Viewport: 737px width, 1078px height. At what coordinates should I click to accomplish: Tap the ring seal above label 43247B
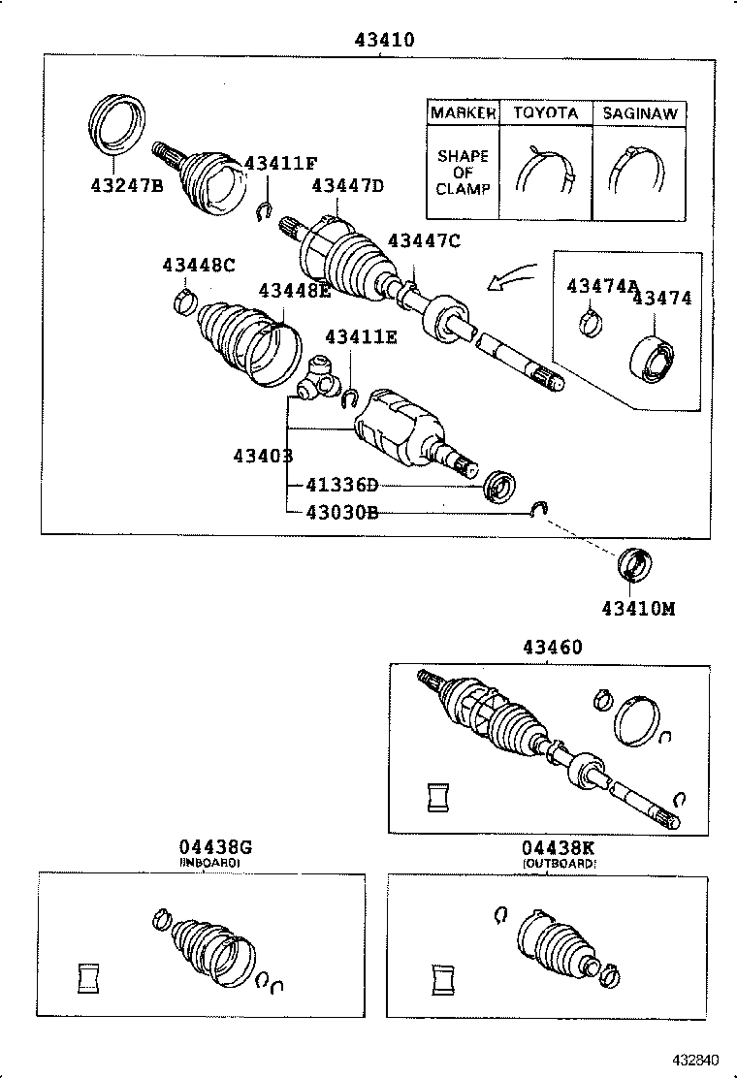117,123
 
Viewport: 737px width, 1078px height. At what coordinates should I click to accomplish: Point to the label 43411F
280,163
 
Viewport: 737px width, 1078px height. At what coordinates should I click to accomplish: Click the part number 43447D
347,186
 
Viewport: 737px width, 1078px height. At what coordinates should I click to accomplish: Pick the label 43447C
424,241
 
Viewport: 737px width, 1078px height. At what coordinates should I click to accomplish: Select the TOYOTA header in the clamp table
545,113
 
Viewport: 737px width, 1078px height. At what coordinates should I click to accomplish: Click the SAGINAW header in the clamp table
639,113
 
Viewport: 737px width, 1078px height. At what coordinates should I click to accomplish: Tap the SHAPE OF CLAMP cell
463,173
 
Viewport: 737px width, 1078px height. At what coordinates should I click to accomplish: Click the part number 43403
263,455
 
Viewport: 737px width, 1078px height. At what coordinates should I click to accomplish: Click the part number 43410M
637,608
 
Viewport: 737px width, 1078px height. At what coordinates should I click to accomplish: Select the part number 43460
553,647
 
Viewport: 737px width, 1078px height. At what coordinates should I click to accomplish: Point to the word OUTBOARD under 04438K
560,863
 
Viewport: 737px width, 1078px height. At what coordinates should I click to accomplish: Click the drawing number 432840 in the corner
697,1060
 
